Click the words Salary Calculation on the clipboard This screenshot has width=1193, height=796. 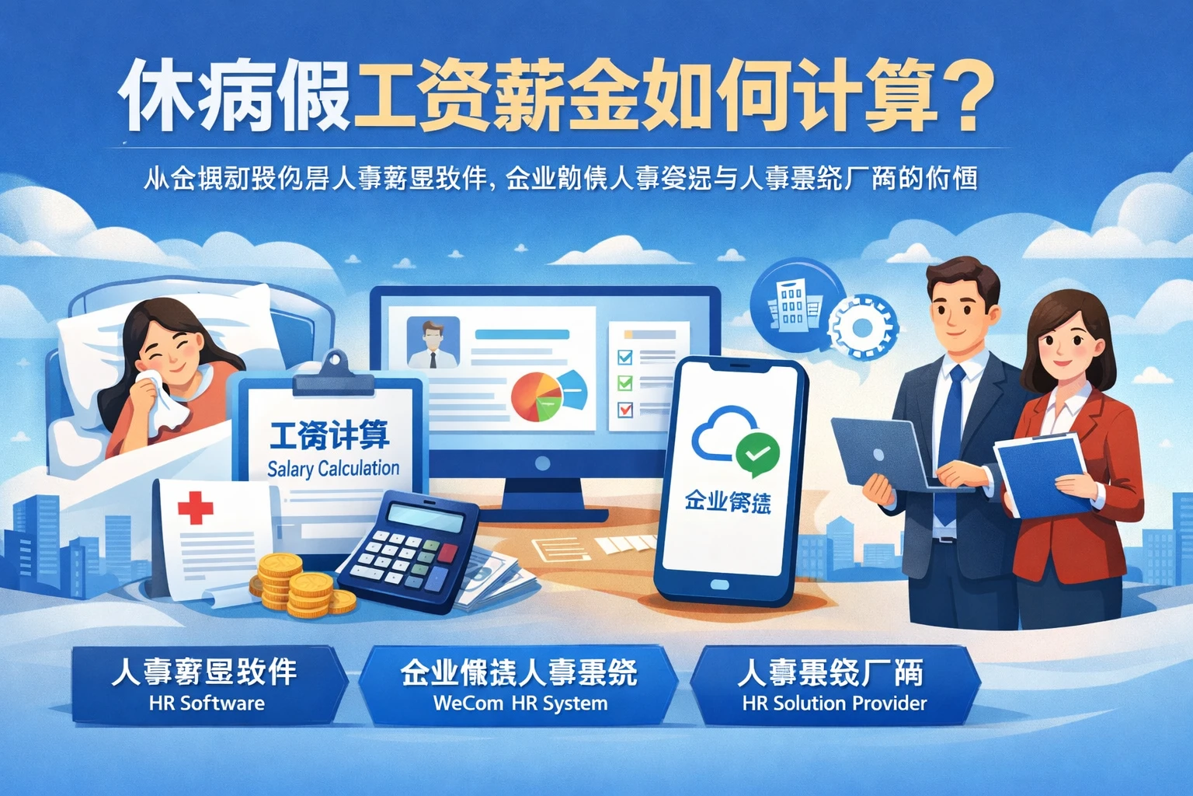[333, 468]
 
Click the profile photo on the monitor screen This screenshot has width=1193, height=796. [433, 342]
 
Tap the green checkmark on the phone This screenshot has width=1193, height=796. [756, 453]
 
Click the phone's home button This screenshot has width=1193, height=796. [719, 585]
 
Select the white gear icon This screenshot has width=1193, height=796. [861, 327]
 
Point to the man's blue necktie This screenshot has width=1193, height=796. [949, 435]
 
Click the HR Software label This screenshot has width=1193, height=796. [207, 703]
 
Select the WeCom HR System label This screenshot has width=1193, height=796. [520, 703]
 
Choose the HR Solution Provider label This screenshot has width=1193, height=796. [834, 703]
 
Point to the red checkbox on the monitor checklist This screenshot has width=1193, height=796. [624, 409]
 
